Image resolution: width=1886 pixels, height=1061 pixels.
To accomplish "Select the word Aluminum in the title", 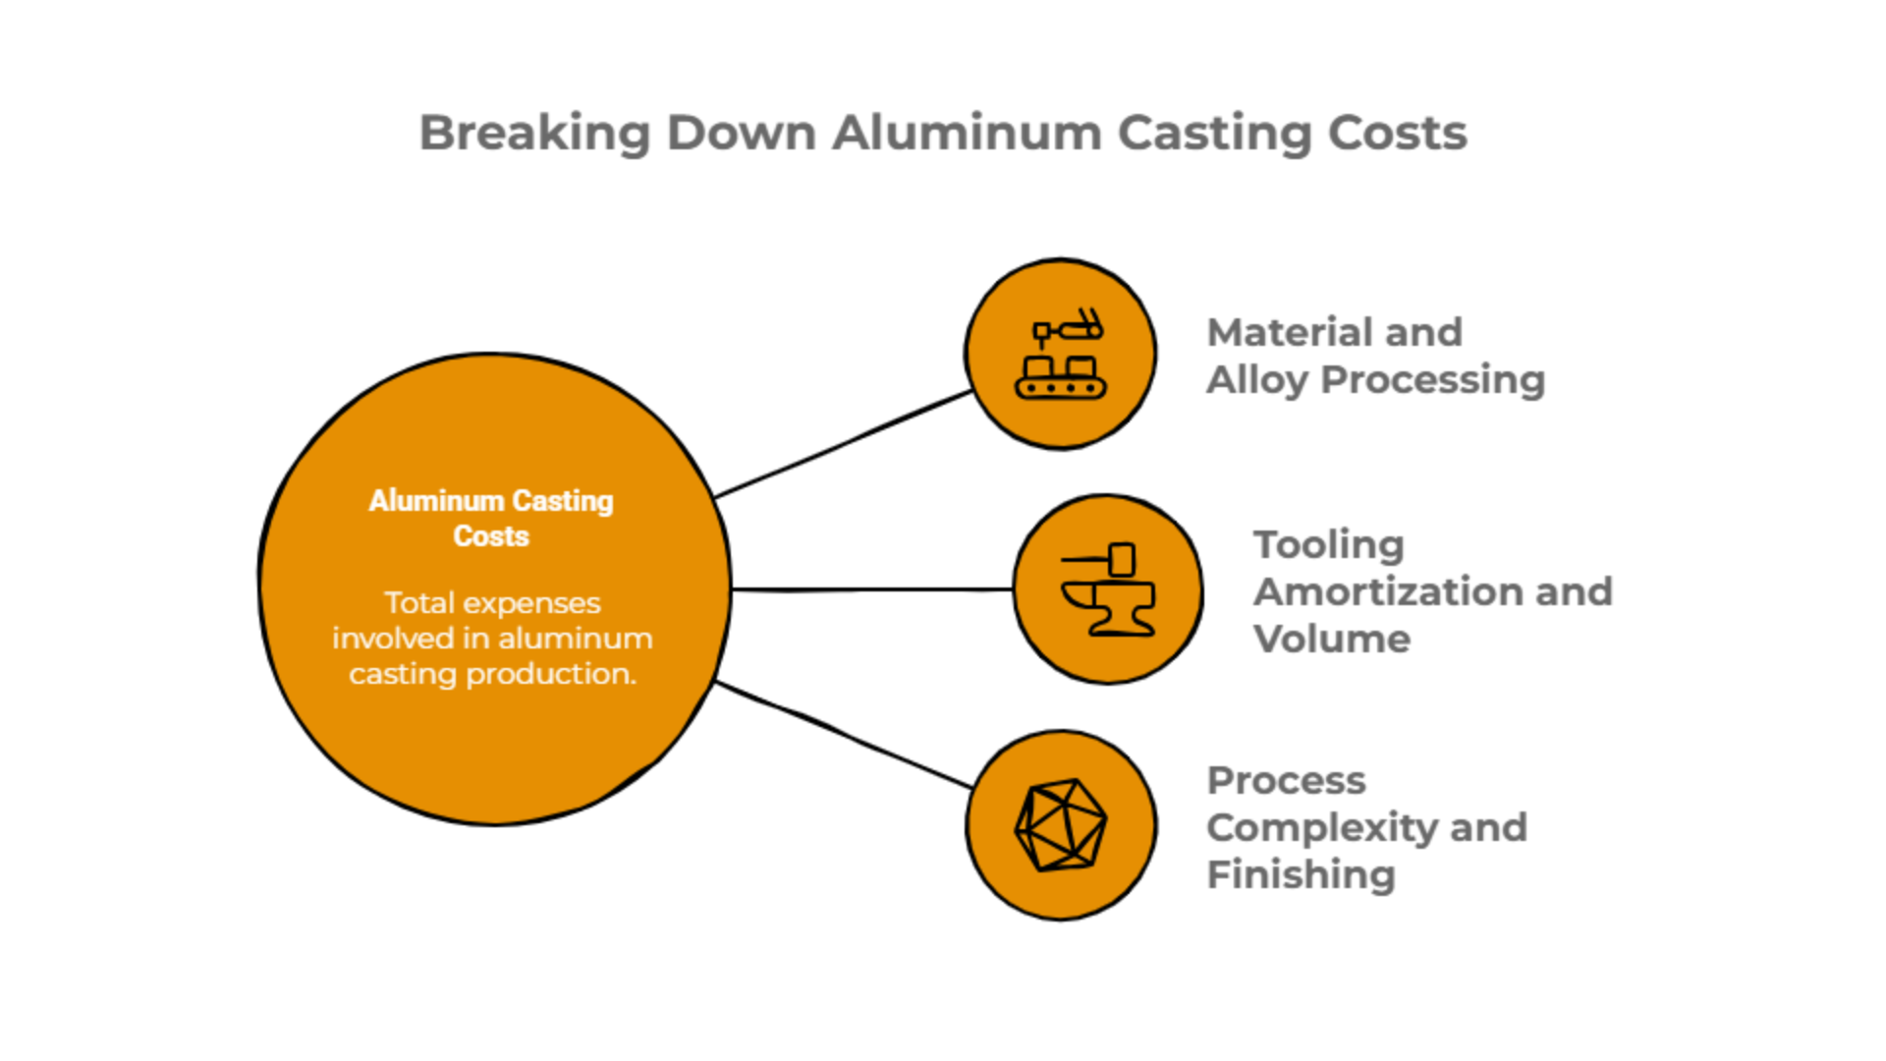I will (967, 133).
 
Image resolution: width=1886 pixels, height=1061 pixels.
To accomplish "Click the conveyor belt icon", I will (1061, 355).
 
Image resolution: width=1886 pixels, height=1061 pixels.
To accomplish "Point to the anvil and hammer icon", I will (1108, 589).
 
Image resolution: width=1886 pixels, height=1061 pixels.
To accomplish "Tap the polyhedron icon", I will (1061, 825).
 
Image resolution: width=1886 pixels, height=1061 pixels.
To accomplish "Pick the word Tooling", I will (1328, 544).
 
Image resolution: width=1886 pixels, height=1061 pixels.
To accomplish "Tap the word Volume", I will (1331, 639).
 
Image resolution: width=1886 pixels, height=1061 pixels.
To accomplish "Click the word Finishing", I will (1301, 874).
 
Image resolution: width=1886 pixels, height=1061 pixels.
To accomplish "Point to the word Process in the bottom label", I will (1285, 780).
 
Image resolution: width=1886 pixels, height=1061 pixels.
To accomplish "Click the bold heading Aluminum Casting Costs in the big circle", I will (491, 518).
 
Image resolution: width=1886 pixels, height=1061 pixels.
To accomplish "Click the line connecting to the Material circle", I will (845, 443).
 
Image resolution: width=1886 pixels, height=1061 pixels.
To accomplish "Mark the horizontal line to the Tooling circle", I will (872, 589).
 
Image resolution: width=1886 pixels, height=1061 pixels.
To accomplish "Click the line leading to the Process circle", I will (845, 733).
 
